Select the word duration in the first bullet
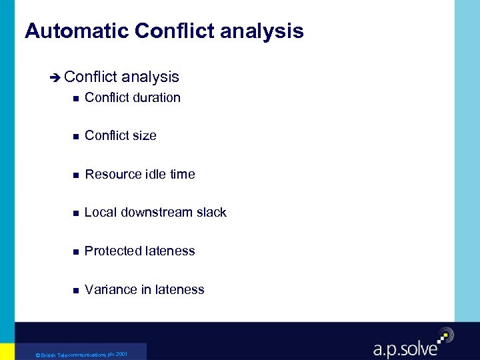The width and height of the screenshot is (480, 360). pos(157,98)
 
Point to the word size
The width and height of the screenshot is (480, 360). pos(144,136)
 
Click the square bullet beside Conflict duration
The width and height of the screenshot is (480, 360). pos(76,99)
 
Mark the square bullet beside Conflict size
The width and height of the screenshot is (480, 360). pos(76,137)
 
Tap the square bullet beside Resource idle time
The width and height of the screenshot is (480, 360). pos(76,175)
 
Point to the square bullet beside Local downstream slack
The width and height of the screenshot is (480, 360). pos(76,213)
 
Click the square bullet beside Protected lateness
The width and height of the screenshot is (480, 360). pos(76,252)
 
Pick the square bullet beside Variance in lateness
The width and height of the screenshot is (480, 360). pos(76,291)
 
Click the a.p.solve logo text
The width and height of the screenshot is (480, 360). pos(405,348)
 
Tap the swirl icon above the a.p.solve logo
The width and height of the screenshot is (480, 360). pos(445,335)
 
